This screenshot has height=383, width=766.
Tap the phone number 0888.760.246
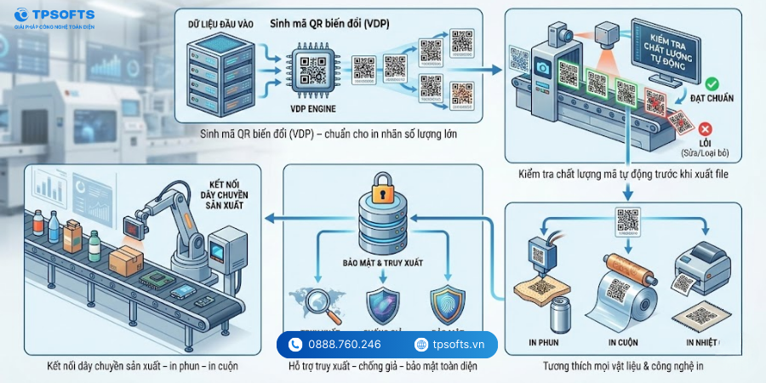tap(346, 345)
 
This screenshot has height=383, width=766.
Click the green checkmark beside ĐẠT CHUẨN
tap(713, 84)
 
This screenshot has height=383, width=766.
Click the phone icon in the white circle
tap(295, 345)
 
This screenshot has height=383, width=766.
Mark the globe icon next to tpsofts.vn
tap(420, 345)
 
